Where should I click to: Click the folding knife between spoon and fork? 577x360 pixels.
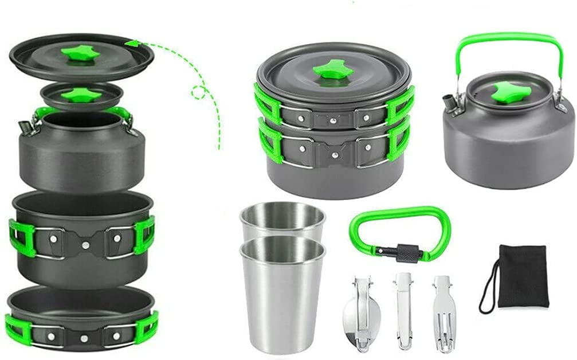[x=403, y=310]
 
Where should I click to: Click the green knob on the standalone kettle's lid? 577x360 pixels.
[x=508, y=92]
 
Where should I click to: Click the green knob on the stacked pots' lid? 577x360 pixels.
[x=332, y=71]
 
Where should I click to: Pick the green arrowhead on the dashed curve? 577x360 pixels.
[x=132, y=43]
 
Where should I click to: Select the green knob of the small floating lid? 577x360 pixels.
[x=81, y=95]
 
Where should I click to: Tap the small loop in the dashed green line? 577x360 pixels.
[x=199, y=92]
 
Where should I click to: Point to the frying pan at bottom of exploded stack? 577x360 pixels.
[x=80, y=318]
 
